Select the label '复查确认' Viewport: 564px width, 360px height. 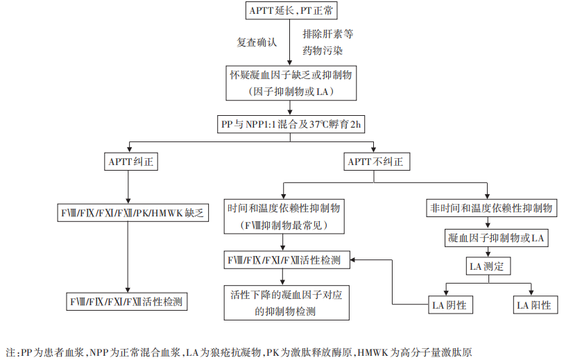(257, 42)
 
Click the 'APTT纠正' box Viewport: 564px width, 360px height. (130, 162)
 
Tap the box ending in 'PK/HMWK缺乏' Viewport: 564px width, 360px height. (130, 213)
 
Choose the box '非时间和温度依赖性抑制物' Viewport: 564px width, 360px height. (490, 208)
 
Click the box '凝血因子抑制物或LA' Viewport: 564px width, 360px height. (494, 238)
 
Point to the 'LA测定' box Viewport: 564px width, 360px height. (488, 266)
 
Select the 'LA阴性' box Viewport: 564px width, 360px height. (449, 305)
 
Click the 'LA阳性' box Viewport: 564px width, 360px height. (533, 305)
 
